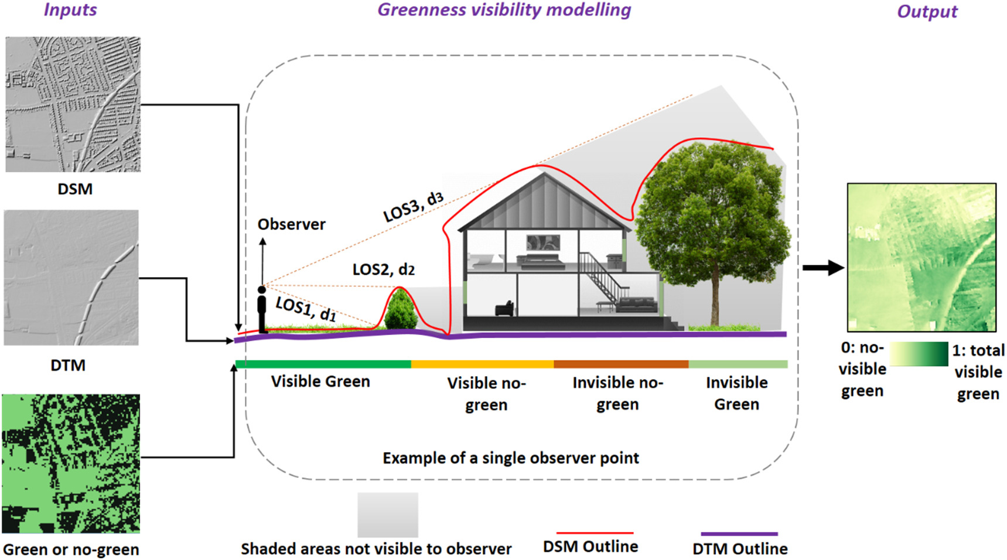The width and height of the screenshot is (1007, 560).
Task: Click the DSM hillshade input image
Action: (x=73, y=104)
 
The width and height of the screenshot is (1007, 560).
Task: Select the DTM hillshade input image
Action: (x=71, y=278)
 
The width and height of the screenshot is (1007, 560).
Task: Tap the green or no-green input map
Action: (x=71, y=463)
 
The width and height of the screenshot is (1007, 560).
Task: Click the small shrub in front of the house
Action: (x=401, y=310)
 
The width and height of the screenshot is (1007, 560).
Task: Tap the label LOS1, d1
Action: (x=305, y=309)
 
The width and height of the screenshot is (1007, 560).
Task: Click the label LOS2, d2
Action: (x=384, y=269)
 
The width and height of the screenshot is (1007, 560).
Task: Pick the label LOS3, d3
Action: (x=413, y=207)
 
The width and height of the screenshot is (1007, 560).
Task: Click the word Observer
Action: (x=291, y=224)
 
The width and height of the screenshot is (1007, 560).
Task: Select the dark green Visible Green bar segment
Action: (x=323, y=364)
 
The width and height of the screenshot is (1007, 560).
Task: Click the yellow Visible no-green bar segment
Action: (x=482, y=364)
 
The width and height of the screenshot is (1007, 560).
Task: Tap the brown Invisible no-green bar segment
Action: (x=621, y=364)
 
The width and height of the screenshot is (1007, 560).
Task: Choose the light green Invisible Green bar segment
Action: (x=738, y=364)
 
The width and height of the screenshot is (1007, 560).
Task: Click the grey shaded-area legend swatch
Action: (x=388, y=514)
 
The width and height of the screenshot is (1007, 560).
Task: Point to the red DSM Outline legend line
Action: (x=595, y=533)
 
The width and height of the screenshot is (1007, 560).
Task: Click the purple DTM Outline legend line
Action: (x=739, y=534)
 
